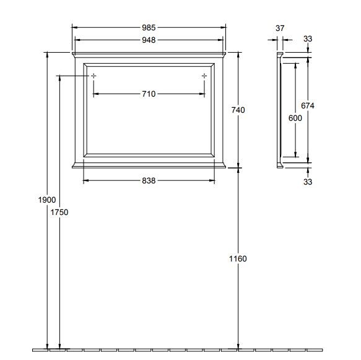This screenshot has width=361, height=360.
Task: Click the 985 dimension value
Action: click(x=148, y=28)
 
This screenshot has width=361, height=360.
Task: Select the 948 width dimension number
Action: click(x=148, y=40)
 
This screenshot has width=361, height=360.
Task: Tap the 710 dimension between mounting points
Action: click(x=148, y=94)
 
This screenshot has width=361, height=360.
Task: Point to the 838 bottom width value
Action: click(x=148, y=180)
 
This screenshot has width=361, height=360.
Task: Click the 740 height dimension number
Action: click(x=238, y=110)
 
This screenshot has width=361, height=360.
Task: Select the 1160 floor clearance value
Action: click(x=238, y=258)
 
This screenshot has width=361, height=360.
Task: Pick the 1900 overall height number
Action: click(x=47, y=200)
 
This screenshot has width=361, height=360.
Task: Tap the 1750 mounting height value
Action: click(x=59, y=212)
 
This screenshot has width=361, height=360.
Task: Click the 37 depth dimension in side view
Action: click(x=279, y=28)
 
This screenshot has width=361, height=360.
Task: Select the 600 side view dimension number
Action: click(x=295, y=118)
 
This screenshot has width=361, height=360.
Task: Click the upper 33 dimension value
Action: click(x=308, y=39)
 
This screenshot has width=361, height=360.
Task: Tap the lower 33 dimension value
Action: click(x=308, y=182)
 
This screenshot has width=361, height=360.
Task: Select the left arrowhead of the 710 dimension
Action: click(x=95, y=94)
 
